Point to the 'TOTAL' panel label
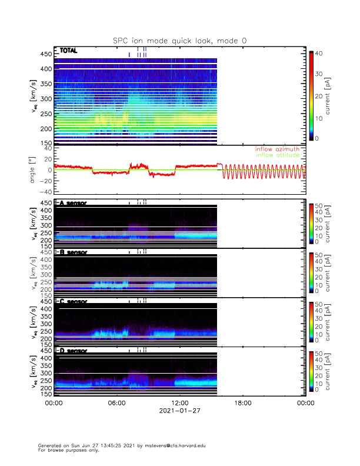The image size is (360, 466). (68, 51)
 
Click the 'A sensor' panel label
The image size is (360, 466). (73, 203)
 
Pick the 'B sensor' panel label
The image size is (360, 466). (73, 252)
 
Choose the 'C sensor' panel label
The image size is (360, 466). (73, 302)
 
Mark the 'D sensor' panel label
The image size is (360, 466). (73, 351)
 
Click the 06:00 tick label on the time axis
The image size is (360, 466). (116, 404)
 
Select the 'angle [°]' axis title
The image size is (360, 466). (35, 169)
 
